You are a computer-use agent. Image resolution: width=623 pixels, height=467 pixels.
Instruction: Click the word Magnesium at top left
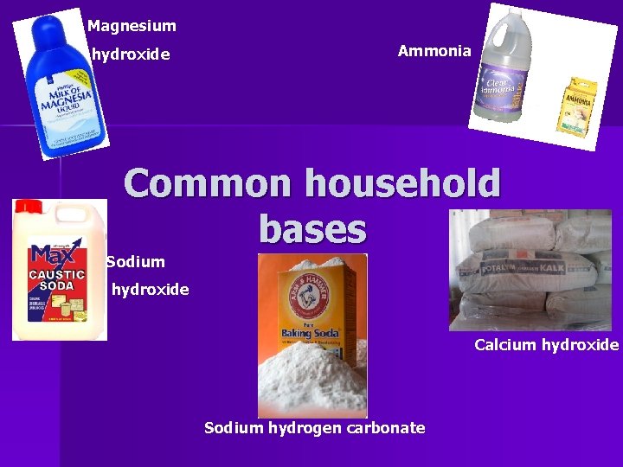point(132,26)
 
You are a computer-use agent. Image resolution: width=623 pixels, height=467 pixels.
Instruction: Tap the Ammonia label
point(434,51)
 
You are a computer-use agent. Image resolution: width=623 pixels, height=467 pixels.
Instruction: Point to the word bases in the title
point(312,229)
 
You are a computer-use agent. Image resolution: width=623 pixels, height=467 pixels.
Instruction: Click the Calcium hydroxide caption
point(546,345)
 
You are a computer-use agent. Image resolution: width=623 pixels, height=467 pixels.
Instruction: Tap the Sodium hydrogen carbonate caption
point(314,427)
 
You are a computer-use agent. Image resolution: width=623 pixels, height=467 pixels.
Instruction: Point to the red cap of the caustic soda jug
point(28,208)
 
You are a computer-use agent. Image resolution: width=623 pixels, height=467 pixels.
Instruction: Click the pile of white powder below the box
point(312,381)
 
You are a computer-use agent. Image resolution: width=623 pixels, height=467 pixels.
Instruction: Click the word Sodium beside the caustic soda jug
point(136,261)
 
